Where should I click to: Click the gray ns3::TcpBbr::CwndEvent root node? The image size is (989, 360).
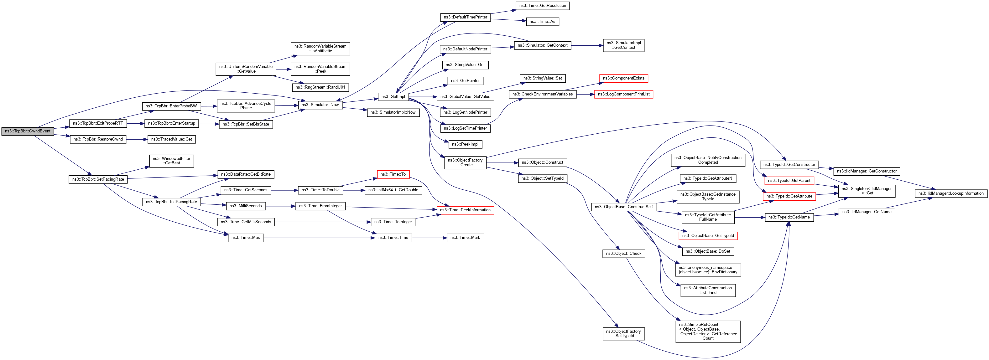27,131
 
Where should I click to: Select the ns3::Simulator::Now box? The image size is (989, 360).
320,105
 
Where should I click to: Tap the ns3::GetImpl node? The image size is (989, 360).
393,97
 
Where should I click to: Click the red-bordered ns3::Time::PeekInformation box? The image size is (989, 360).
465,210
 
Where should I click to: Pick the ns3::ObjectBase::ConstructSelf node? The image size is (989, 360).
623,207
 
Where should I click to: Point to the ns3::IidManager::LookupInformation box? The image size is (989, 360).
950,193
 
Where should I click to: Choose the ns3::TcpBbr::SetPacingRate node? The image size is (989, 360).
98,179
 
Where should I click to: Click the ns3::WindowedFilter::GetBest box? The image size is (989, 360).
171,161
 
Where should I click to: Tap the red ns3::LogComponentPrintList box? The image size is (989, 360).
623,95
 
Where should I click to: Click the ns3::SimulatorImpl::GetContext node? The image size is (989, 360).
623,45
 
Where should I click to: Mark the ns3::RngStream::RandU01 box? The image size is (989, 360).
320,88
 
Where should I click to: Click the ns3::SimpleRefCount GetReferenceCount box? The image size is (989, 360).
708,331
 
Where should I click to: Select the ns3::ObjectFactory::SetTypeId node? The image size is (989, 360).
623,333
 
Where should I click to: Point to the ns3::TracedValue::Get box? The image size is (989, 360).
171,139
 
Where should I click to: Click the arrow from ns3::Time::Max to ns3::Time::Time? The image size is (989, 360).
319,238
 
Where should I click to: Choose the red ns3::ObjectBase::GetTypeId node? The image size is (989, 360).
708,236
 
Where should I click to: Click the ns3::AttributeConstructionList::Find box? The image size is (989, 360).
708,290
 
